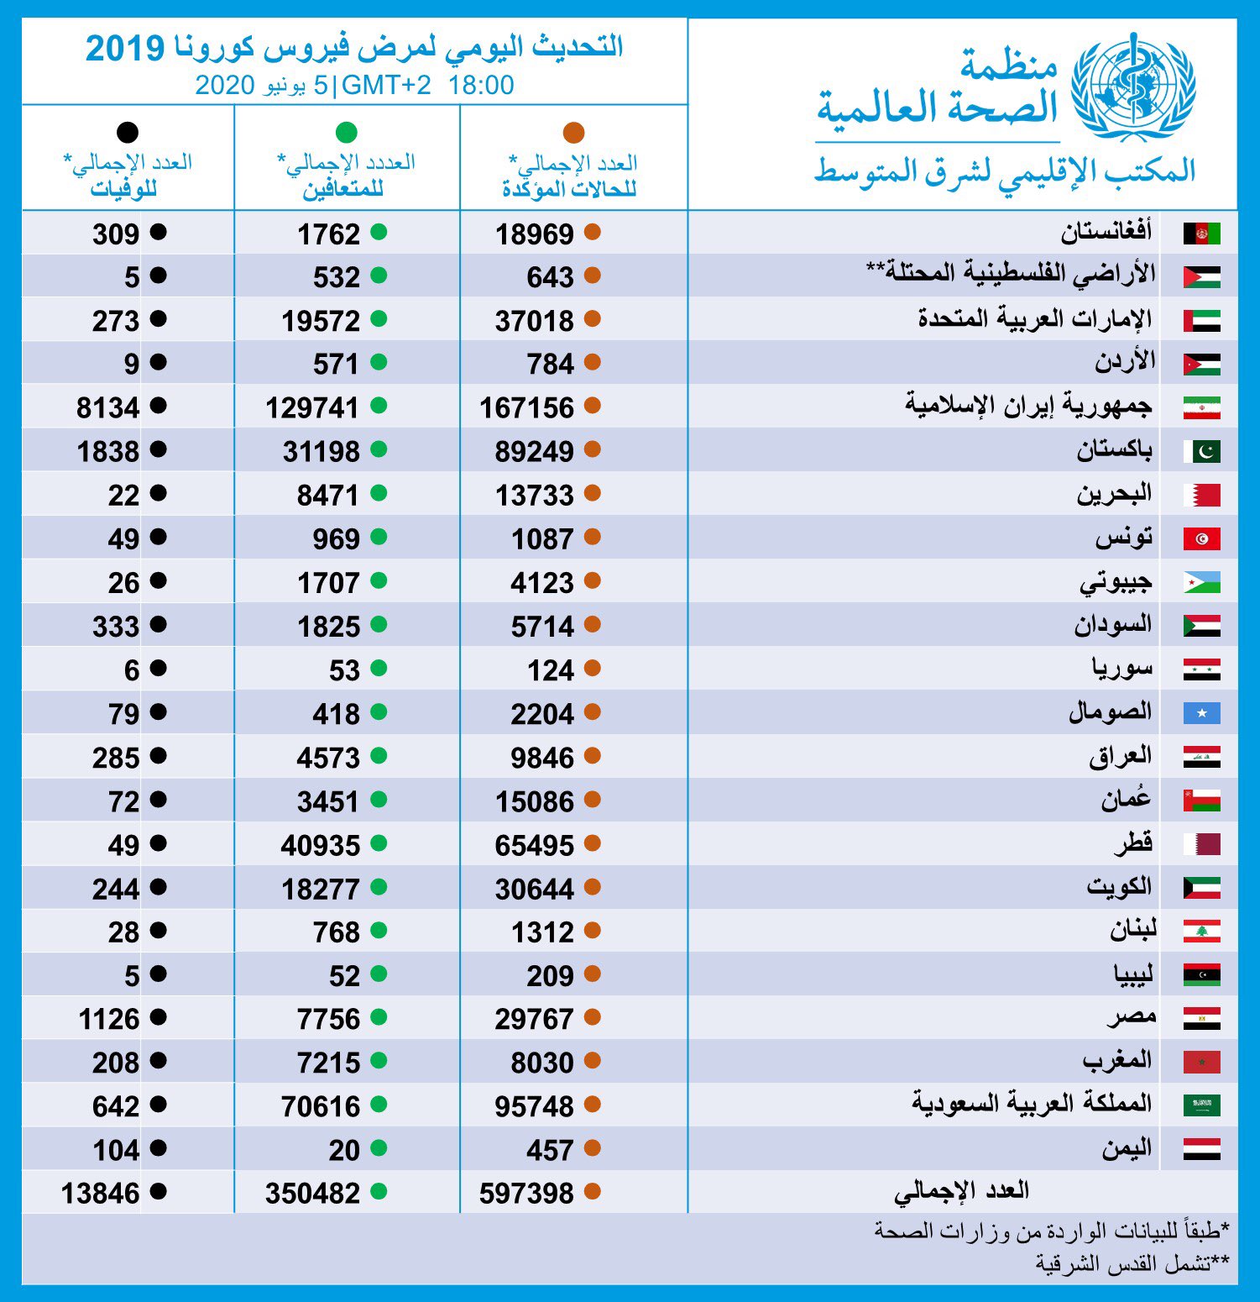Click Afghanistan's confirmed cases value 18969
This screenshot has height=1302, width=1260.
click(x=534, y=234)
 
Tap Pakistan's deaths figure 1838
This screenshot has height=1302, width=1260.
click(x=107, y=452)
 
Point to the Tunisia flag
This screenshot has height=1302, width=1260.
click(x=1201, y=538)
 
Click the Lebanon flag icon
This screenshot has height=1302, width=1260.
click(x=1201, y=932)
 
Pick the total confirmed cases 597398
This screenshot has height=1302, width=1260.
click(x=526, y=1194)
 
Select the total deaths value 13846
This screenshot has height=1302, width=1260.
click(x=100, y=1194)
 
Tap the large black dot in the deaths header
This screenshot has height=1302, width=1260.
click(x=128, y=133)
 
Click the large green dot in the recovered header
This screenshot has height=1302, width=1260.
click(x=346, y=133)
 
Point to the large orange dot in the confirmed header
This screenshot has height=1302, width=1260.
click(x=573, y=133)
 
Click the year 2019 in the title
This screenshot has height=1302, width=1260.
click(x=125, y=49)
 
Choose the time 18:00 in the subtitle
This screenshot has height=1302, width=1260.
click(x=481, y=85)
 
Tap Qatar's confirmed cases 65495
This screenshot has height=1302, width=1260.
click(x=534, y=846)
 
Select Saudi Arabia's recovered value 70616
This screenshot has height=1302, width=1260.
click(x=320, y=1107)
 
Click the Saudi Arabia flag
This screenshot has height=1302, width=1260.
click(x=1201, y=1105)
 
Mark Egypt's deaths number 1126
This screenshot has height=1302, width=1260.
click(x=108, y=1020)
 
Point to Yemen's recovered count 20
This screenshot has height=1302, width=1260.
click(x=344, y=1151)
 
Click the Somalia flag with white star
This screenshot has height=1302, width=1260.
click(x=1201, y=713)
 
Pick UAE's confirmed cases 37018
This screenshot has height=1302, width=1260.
click(x=534, y=322)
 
